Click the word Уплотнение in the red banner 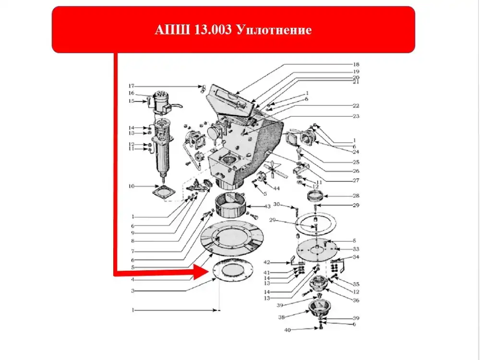[x=274, y=30]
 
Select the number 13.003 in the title [x=213, y=30]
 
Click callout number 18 [x=356, y=64]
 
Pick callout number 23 [x=356, y=116]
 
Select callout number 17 [x=132, y=86]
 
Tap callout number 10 [x=132, y=186]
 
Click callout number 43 [x=267, y=206]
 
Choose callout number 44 [x=276, y=188]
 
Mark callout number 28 [x=356, y=196]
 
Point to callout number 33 [x=356, y=249]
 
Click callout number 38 [x=281, y=317]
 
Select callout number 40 [x=288, y=330]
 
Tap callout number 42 [x=266, y=263]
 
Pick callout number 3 [x=133, y=290]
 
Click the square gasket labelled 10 [x=164, y=192]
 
